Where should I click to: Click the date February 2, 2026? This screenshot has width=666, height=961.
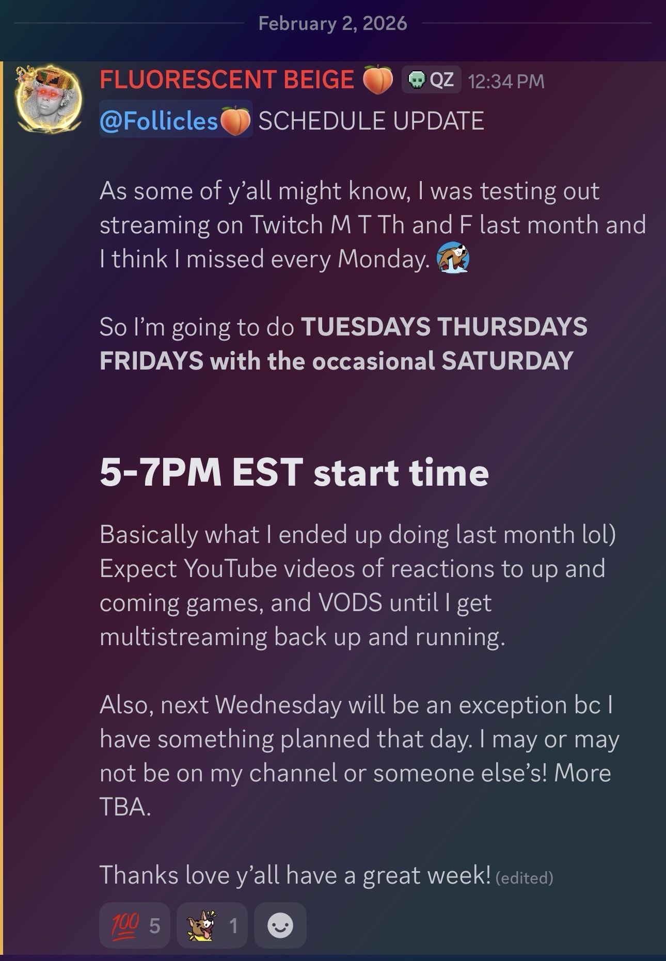332,23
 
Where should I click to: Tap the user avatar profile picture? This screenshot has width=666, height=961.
48,98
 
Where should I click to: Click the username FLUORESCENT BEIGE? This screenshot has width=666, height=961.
227,80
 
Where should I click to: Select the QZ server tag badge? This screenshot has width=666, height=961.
431,81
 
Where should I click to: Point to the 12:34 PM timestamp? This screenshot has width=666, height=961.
506,82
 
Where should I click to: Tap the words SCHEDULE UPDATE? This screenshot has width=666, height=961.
371,121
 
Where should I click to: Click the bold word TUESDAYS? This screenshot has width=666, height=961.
366,327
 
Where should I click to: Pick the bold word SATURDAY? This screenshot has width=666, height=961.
508,360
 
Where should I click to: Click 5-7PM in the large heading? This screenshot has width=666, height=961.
161,472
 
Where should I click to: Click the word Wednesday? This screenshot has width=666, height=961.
278,705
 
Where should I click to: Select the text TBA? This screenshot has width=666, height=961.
125,807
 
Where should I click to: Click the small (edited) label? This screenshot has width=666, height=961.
524,877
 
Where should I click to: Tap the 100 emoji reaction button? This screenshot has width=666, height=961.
135,925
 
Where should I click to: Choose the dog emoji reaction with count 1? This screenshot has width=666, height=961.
212,925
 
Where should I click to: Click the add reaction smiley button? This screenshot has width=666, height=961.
280,925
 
